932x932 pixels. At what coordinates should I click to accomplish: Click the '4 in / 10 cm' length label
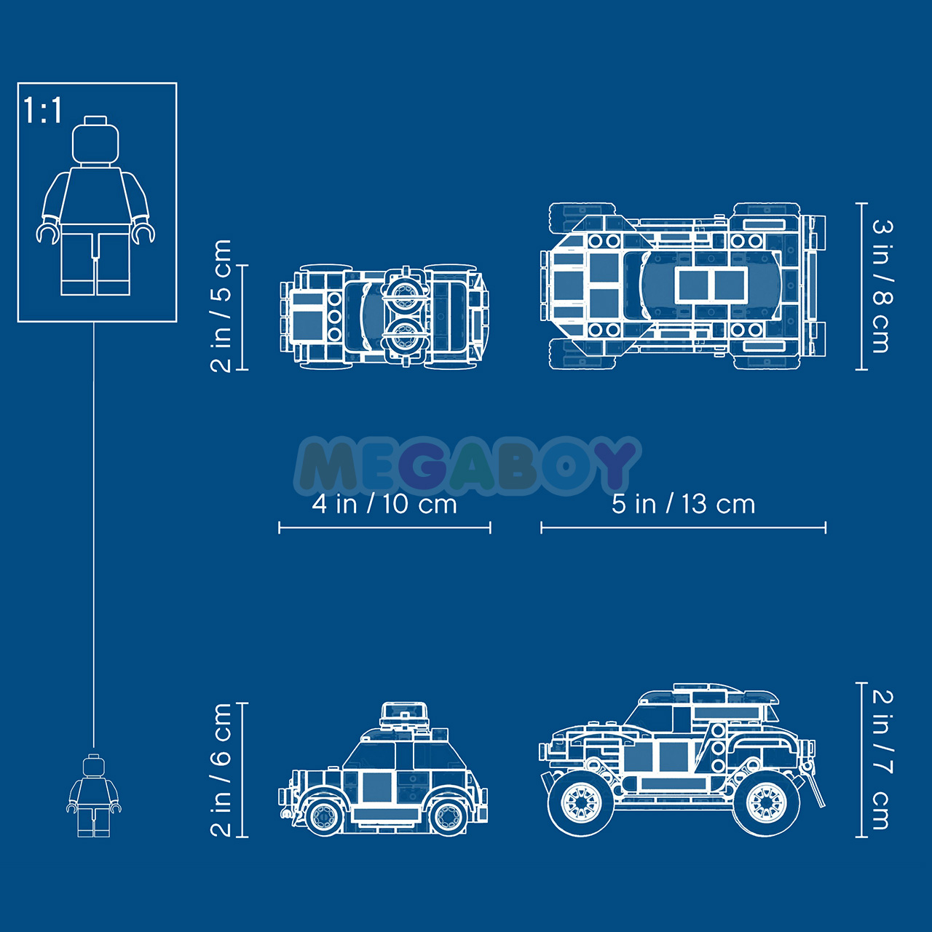pyautogui.click(x=384, y=505)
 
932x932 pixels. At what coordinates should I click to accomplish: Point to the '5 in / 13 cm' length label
pyautogui.click(x=683, y=505)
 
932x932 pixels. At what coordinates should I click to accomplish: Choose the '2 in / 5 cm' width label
pyautogui.click(x=221, y=306)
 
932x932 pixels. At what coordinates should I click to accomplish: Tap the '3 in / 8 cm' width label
pyautogui.click(x=882, y=286)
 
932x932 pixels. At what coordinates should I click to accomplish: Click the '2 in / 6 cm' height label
pyautogui.click(x=221, y=770)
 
